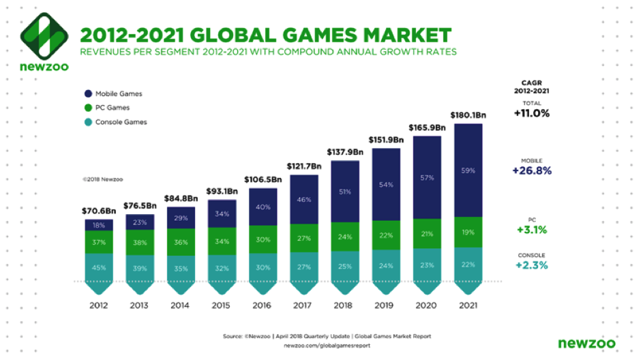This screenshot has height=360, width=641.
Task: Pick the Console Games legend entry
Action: click(x=120, y=122)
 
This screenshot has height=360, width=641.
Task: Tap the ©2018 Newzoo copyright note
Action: click(x=101, y=180)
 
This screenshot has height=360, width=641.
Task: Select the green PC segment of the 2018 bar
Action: click(x=345, y=237)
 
